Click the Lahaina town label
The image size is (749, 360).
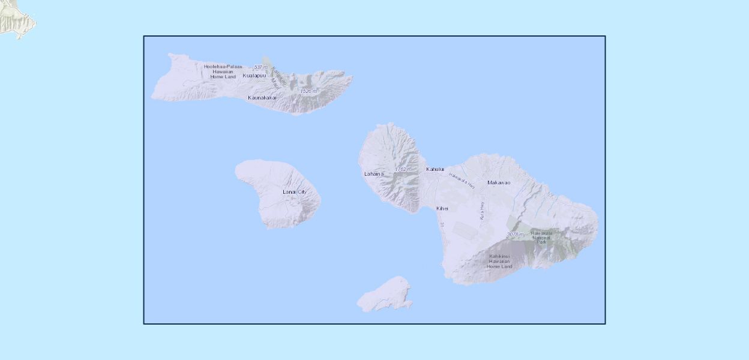pos(373,174)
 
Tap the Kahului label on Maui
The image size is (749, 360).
pos(435,169)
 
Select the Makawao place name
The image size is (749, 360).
pos(499,182)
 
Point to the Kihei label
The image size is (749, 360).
pos(442,208)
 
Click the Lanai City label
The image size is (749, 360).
pos(294,192)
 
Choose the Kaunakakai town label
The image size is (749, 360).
pos(262,97)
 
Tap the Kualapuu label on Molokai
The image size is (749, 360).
pos(254,76)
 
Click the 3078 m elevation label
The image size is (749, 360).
pos(516,234)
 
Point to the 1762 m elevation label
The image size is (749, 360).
pos(403,170)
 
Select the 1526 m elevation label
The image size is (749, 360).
pos(308,91)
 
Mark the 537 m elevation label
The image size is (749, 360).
pos(260,67)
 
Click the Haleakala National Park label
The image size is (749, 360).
pos(541,237)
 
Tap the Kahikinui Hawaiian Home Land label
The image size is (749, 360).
pos(499,261)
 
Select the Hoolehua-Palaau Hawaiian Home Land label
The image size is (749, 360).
pos(223,71)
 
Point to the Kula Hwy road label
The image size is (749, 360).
pos(481,210)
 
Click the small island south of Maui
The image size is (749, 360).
pos(385,295)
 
